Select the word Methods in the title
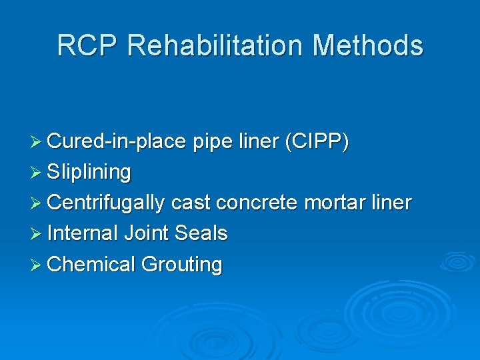(367, 45)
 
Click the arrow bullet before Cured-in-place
(39, 142)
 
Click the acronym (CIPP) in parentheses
(315, 141)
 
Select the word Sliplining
(89, 172)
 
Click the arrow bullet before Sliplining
(39, 173)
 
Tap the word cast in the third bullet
(190, 203)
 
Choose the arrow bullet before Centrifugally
(39, 203)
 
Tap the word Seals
(201, 233)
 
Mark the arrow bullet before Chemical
(39, 265)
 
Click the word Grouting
(181, 265)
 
